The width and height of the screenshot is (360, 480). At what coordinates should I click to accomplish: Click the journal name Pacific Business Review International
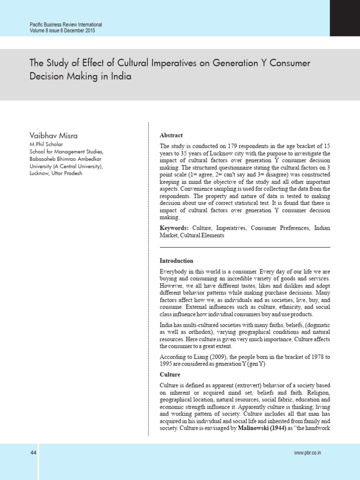(66, 24)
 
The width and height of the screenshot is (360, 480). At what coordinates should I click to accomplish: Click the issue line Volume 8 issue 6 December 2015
(63, 30)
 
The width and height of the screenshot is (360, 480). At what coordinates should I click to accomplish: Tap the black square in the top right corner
(345, 18)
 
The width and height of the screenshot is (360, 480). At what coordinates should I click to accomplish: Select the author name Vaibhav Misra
(54, 135)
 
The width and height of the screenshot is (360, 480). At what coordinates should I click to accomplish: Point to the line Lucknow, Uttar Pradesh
(56, 173)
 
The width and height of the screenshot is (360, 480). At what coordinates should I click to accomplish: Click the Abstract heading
(171, 135)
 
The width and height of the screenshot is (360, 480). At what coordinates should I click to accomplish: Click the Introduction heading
(176, 261)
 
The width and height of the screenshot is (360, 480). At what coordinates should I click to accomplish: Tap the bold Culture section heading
(170, 375)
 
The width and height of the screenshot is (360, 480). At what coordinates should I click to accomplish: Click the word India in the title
(121, 76)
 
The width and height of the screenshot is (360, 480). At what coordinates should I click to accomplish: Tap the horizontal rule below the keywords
(245, 247)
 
